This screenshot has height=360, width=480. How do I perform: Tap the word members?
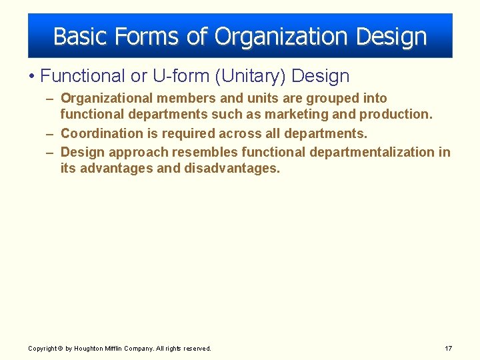(x=183, y=99)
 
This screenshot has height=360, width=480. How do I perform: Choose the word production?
(x=396, y=115)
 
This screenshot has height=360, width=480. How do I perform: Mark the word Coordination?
(x=102, y=133)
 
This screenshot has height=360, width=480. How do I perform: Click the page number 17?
(x=448, y=348)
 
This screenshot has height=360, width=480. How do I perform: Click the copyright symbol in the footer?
(x=60, y=348)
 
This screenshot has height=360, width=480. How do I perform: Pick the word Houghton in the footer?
(x=88, y=348)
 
